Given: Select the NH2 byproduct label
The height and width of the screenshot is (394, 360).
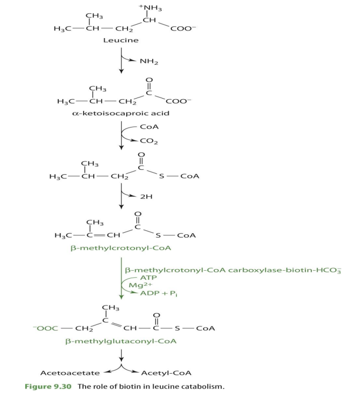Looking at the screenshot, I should [x=147, y=62].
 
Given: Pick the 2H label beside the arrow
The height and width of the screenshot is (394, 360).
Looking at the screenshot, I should [x=146, y=197].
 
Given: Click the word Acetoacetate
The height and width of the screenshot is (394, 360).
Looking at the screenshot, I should [x=66, y=373].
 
